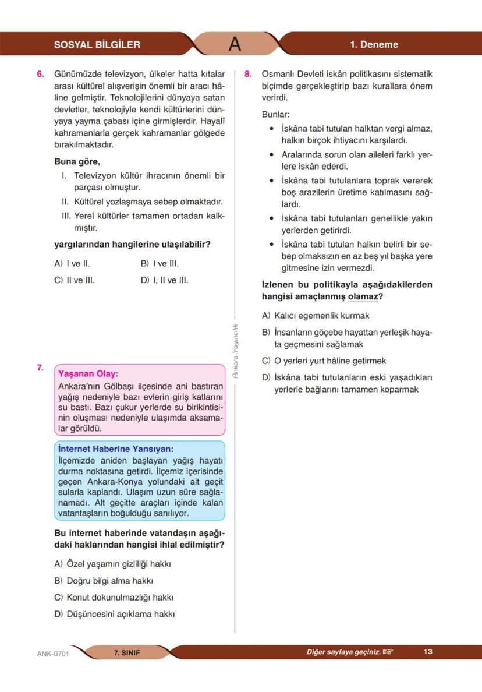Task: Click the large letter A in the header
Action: [235, 44]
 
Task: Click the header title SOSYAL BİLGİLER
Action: [97, 45]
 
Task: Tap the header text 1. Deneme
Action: [374, 45]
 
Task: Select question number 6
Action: [40, 75]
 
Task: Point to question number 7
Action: [40, 368]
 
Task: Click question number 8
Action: [248, 75]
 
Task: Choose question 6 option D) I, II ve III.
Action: [165, 280]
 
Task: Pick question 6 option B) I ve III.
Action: [160, 263]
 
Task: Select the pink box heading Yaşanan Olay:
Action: [88, 374]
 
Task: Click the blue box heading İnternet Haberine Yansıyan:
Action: [116, 449]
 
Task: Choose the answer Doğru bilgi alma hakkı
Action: [104, 581]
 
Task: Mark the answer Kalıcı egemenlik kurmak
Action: [316, 316]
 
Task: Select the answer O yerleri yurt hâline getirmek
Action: [324, 361]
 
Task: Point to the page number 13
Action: [428, 652]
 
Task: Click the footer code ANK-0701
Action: [53, 654]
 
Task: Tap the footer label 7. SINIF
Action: [127, 652]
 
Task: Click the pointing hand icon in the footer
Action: [388, 652]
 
